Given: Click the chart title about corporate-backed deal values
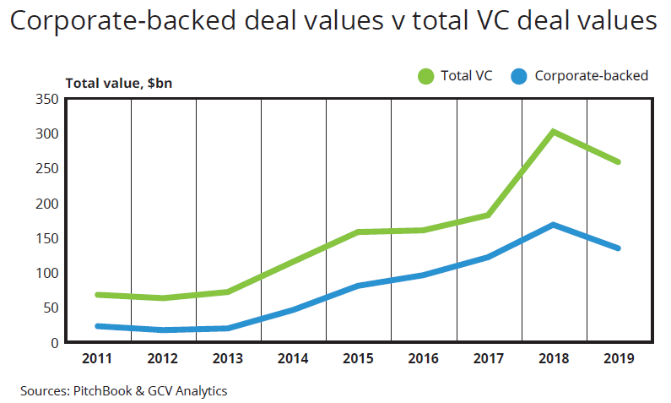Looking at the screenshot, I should pyautogui.click(x=334, y=22).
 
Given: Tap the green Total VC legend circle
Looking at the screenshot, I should pyautogui.click(x=425, y=76).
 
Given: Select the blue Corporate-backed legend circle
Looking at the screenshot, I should pyautogui.click(x=520, y=76).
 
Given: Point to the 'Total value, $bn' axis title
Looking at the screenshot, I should pyautogui.click(x=119, y=83).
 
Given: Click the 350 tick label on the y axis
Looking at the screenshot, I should pyautogui.click(x=46, y=99).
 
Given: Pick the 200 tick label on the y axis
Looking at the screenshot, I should pyautogui.click(x=46, y=204).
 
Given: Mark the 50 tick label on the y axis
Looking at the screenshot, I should pyautogui.click(x=50, y=308).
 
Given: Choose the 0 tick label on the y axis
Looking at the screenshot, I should pyautogui.click(x=53, y=342).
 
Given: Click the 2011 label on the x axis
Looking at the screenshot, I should pyautogui.click(x=98, y=358).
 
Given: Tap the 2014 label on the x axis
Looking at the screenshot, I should pyautogui.click(x=293, y=358).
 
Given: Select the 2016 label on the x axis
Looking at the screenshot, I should pyautogui.click(x=424, y=358).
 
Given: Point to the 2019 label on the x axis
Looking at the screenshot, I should pyautogui.click(x=620, y=358).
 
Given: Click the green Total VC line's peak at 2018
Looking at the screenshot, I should pyautogui.click(x=553, y=132).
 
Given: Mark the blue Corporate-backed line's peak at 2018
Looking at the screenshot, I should pyautogui.click(x=553, y=225).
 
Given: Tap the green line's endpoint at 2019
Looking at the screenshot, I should pyautogui.click(x=619, y=162).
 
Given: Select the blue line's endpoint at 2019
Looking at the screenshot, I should pyautogui.click(x=619, y=248).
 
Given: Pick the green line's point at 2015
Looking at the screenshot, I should pyautogui.click(x=358, y=231).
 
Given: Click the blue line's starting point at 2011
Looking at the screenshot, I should pyautogui.click(x=98, y=326).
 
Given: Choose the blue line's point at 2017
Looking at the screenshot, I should pyautogui.click(x=488, y=257).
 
